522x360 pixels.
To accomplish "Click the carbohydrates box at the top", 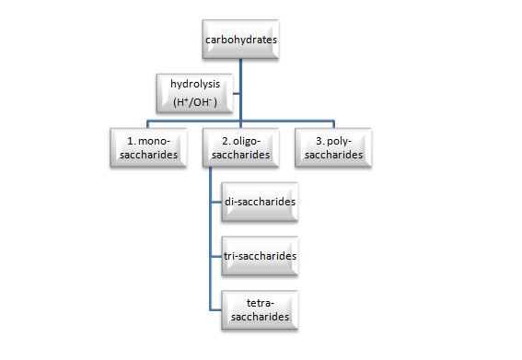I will click(240, 41).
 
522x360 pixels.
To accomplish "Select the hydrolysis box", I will click(195, 92).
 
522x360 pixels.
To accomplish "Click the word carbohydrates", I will click(240, 41).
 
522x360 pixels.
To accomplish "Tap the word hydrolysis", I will click(195, 84).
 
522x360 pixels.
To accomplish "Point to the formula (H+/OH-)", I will click(195, 101).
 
